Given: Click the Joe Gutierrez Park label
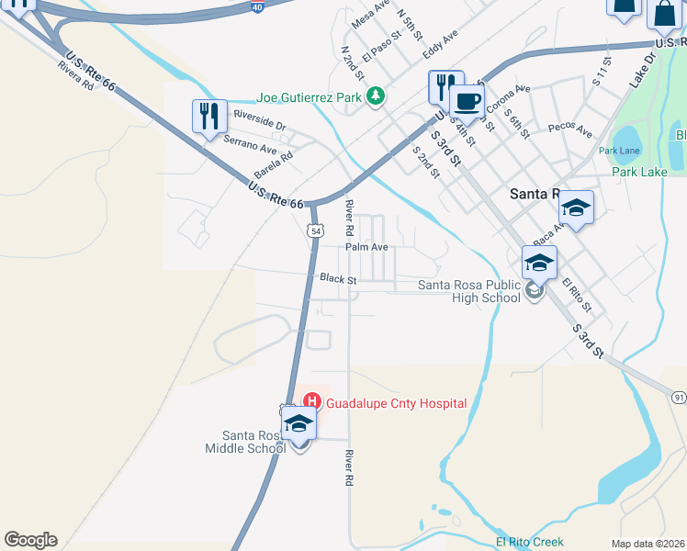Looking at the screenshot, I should (x=310, y=96).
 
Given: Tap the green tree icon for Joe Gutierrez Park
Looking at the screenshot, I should (x=375, y=96).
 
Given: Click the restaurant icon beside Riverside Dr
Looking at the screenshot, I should (x=209, y=117).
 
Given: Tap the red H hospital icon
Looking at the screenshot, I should (x=311, y=401).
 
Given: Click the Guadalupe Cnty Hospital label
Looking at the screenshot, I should (x=397, y=403).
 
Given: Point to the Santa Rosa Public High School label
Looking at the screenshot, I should (x=468, y=291).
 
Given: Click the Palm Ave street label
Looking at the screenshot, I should (x=366, y=247).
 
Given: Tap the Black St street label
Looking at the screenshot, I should (x=338, y=277).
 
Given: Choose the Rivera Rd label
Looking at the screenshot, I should (x=75, y=75).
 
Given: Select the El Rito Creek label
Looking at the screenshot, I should (x=530, y=542).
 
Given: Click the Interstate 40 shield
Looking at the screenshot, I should (x=257, y=7).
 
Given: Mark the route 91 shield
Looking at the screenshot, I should (x=679, y=397).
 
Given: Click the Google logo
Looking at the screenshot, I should (x=30, y=540).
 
